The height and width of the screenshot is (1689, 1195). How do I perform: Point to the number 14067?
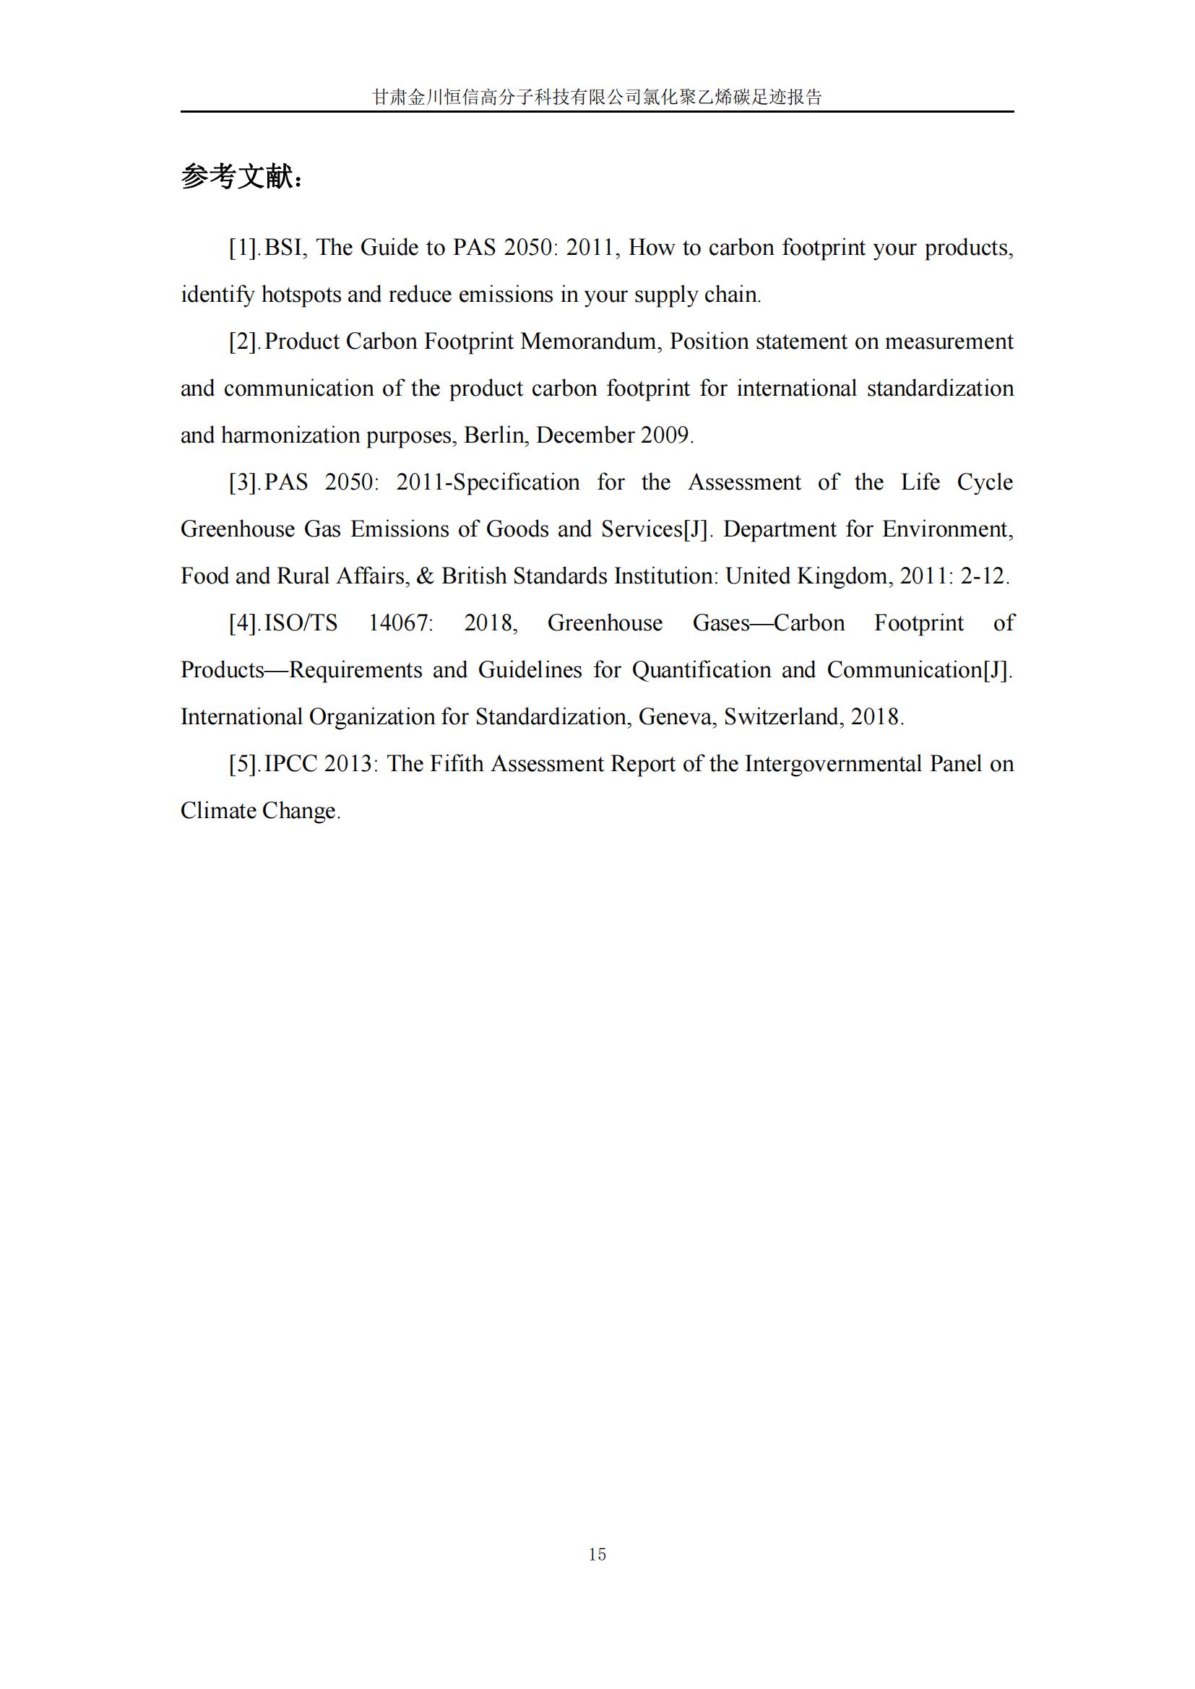click(400, 623)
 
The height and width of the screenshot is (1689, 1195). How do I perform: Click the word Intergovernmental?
click(832, 763)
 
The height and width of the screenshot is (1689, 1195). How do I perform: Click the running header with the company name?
click(597, 97)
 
